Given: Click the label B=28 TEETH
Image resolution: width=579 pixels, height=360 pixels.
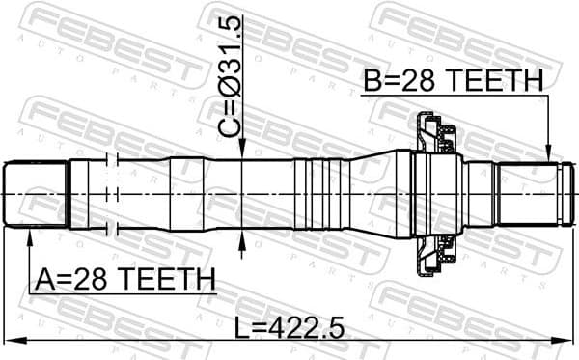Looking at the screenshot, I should [x=453, y=82].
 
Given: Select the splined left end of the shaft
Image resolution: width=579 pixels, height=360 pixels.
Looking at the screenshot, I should [x=37, y=195].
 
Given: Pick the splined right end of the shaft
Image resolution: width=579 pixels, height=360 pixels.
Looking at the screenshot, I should [x=528, y=195].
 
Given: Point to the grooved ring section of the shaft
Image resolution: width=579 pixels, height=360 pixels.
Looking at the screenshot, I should [x=322, y=195].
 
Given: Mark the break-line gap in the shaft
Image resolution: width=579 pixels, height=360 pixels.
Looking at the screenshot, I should [x=115, y=195].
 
